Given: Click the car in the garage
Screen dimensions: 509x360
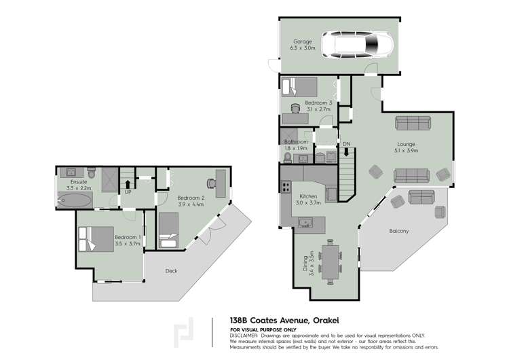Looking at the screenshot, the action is [358, 45].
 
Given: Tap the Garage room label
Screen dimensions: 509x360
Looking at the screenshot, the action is [303, 41].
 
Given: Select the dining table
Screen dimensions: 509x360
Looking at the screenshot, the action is [330, 262].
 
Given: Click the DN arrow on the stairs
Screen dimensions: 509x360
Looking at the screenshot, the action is [346, 151].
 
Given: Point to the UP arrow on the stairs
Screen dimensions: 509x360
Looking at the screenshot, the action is [128, 184].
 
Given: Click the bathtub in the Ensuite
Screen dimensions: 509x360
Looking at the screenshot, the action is [75, 200].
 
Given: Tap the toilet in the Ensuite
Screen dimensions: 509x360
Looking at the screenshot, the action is [92, 173].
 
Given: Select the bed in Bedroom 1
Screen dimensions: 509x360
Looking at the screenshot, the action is [96, 239].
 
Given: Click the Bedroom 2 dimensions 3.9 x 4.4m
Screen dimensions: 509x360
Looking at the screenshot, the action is [191, 204].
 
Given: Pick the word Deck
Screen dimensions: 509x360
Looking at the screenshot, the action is [172, 270].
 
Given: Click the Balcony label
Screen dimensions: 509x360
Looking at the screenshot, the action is [399, 231].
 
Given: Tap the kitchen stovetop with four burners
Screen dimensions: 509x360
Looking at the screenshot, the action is [286, 187].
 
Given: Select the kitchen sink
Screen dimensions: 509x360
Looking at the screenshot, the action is [305, 223].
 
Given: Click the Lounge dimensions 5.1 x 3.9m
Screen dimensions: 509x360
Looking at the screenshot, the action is [406, 150].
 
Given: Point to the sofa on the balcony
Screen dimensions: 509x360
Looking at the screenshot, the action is [421, 197].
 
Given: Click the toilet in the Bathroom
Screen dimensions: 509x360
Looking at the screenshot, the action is [288, 158].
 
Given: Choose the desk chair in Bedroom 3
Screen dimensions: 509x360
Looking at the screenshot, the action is [295, 108].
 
